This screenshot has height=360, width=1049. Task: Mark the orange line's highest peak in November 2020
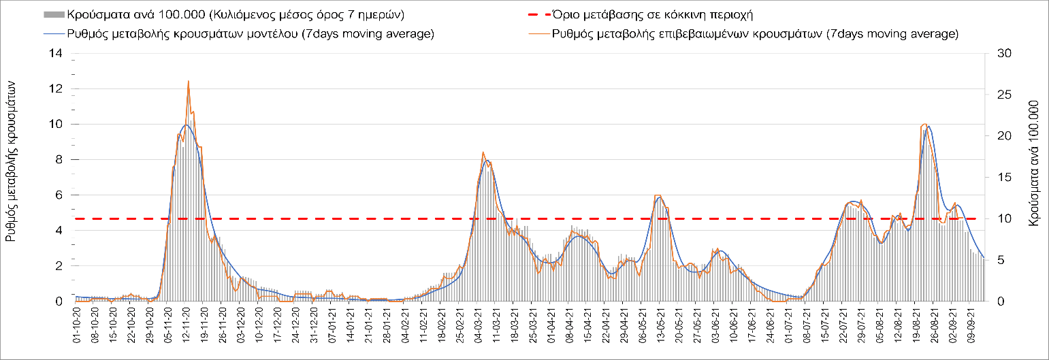188,81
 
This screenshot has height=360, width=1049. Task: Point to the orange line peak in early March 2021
483,152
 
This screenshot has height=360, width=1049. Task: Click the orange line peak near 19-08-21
924,124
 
